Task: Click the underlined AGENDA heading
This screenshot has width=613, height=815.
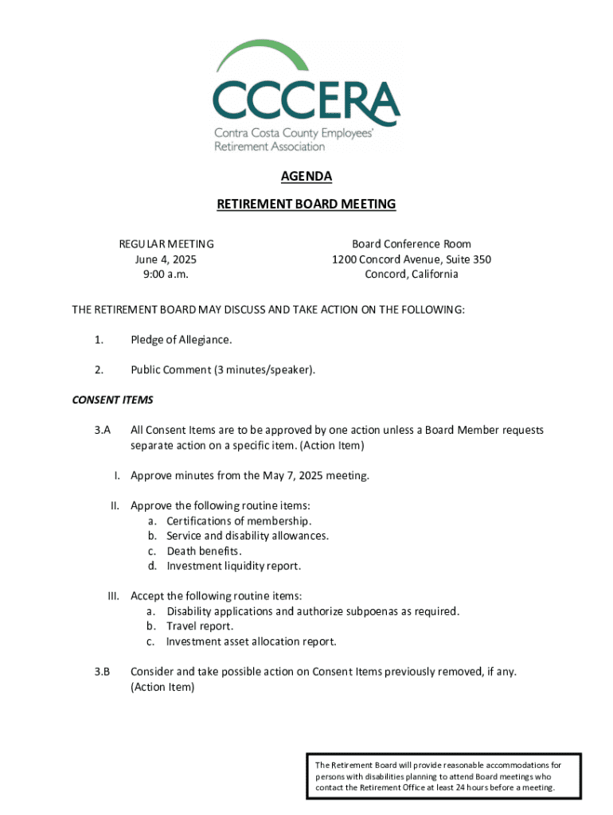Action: click(x=306, y=177)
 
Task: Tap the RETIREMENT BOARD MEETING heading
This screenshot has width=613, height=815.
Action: click(x=306, y=205)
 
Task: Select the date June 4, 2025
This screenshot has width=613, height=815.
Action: click(x=166, y=259)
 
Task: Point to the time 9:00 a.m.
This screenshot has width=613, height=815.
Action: click(x=166, y=275)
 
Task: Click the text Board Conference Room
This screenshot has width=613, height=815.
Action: click(x=412, y=244)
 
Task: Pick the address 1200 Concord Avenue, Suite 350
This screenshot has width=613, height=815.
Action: click(x=412, y=259)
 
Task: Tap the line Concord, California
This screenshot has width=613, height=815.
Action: click(x=412, y=275)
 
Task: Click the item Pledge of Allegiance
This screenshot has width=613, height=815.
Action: click(x=182, y=340)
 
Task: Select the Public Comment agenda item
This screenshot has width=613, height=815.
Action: click(x=217, y=369)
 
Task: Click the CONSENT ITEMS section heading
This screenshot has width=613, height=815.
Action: click(x=112, y=400)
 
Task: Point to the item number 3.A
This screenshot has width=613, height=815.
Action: click(x=100, y=431)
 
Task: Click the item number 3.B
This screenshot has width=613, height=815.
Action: click(x=100, y=672)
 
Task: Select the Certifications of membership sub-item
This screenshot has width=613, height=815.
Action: click(x=239, y=521)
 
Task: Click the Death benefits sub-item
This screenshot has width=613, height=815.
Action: click(x=204, y=552)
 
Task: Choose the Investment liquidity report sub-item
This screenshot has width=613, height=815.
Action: click(x=234, y=567)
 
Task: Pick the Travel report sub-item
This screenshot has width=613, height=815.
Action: click(x=200, y=626)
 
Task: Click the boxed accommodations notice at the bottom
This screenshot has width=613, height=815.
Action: click(x=444, y=776)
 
